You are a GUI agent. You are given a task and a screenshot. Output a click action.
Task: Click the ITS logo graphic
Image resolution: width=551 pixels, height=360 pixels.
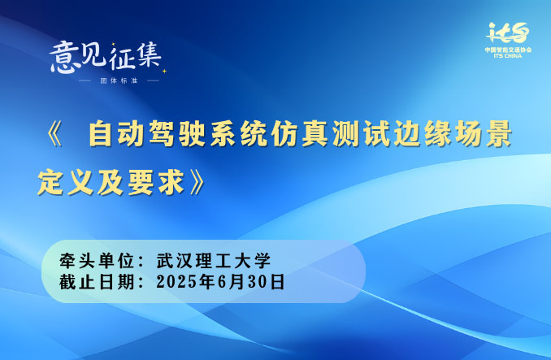click(x=508, y=33)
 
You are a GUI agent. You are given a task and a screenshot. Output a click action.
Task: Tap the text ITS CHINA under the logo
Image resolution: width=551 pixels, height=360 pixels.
click(x=508, y=56)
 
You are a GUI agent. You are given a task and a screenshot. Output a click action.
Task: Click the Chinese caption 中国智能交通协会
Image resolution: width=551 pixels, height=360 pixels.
click(x=508, y=50)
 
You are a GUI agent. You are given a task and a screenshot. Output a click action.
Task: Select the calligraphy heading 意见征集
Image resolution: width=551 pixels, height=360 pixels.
click(x=106, y=58)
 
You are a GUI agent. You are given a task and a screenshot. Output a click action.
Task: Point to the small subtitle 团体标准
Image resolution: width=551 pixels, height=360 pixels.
click(x=119, y=80)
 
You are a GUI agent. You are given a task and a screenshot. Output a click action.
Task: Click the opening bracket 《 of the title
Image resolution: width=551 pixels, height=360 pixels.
click(x=55, y=134)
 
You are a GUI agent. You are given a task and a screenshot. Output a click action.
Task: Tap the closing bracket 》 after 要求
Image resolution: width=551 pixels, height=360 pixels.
click(x=197, y=182)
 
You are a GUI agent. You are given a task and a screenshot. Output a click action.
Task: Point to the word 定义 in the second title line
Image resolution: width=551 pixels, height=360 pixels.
click(x=66, y=182)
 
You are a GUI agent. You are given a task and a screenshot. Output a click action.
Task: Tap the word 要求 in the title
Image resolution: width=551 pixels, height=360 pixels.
click(x=157, y=182)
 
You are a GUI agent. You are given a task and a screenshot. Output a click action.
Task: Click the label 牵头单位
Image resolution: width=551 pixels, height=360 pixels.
click(x=97, y=261)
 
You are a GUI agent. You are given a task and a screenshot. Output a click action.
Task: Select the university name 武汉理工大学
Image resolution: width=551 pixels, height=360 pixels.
click(x=214, y=261)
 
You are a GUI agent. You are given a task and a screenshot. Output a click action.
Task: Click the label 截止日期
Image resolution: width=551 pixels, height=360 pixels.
click(x=97, y=282)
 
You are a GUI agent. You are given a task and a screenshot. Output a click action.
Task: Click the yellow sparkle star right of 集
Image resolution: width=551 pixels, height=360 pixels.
click(x=163, y=71)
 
